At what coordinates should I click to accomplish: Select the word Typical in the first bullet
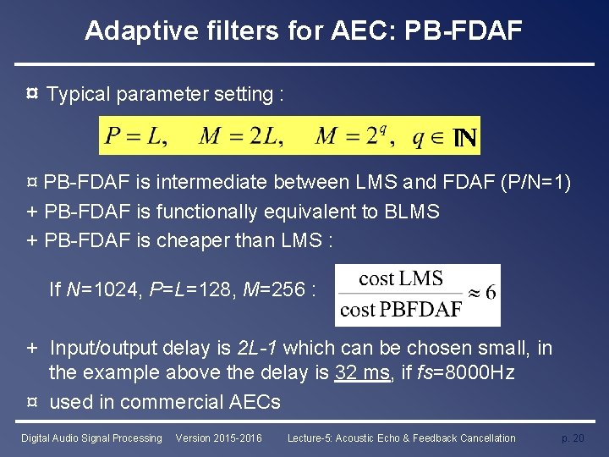(x=80, y=94)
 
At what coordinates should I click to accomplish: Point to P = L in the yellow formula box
(x=136, y=135)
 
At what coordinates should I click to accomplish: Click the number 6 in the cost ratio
(x=491, y=293)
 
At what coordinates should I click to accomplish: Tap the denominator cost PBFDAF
(x=401, y=310)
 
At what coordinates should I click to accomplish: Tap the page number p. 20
(x=572, y=438)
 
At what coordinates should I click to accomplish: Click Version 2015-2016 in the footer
(x=218, y=438)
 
